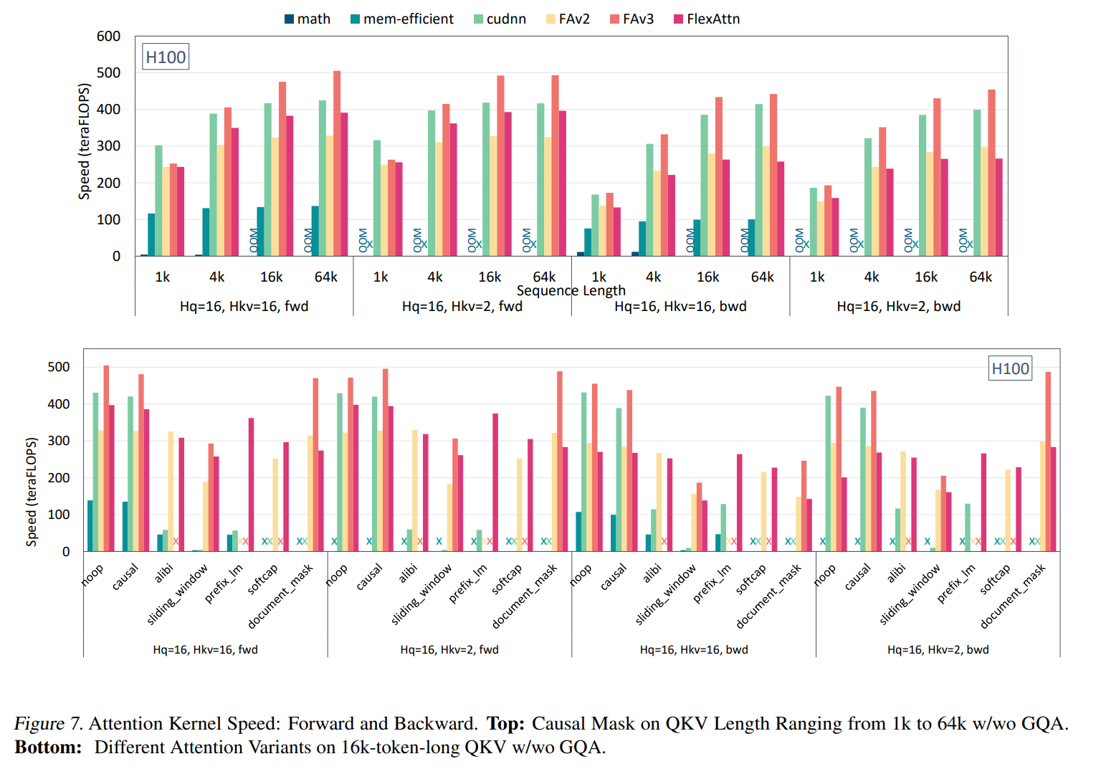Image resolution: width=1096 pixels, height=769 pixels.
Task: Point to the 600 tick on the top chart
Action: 108,37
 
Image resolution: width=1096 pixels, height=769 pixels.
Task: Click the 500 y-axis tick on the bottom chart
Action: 59,367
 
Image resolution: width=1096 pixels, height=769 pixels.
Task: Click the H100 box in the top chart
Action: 166,57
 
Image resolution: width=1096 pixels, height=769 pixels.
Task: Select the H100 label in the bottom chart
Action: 1010,368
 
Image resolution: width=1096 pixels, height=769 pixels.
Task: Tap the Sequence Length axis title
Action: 571,290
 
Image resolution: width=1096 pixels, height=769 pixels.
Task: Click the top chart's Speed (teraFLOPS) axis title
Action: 85,142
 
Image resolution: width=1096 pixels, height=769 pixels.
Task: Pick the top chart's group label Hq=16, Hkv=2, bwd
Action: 898,306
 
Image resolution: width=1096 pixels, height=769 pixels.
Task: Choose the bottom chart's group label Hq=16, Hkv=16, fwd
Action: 205,649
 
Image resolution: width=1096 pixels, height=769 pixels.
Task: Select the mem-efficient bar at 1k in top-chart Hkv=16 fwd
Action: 151,234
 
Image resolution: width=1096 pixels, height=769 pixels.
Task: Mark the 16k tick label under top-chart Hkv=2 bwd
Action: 925,277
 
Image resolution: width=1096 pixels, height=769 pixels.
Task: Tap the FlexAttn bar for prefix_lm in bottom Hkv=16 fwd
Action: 251,484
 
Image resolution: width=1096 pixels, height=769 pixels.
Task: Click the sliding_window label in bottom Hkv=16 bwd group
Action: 666,594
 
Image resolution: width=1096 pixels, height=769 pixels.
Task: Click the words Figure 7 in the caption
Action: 48,723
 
